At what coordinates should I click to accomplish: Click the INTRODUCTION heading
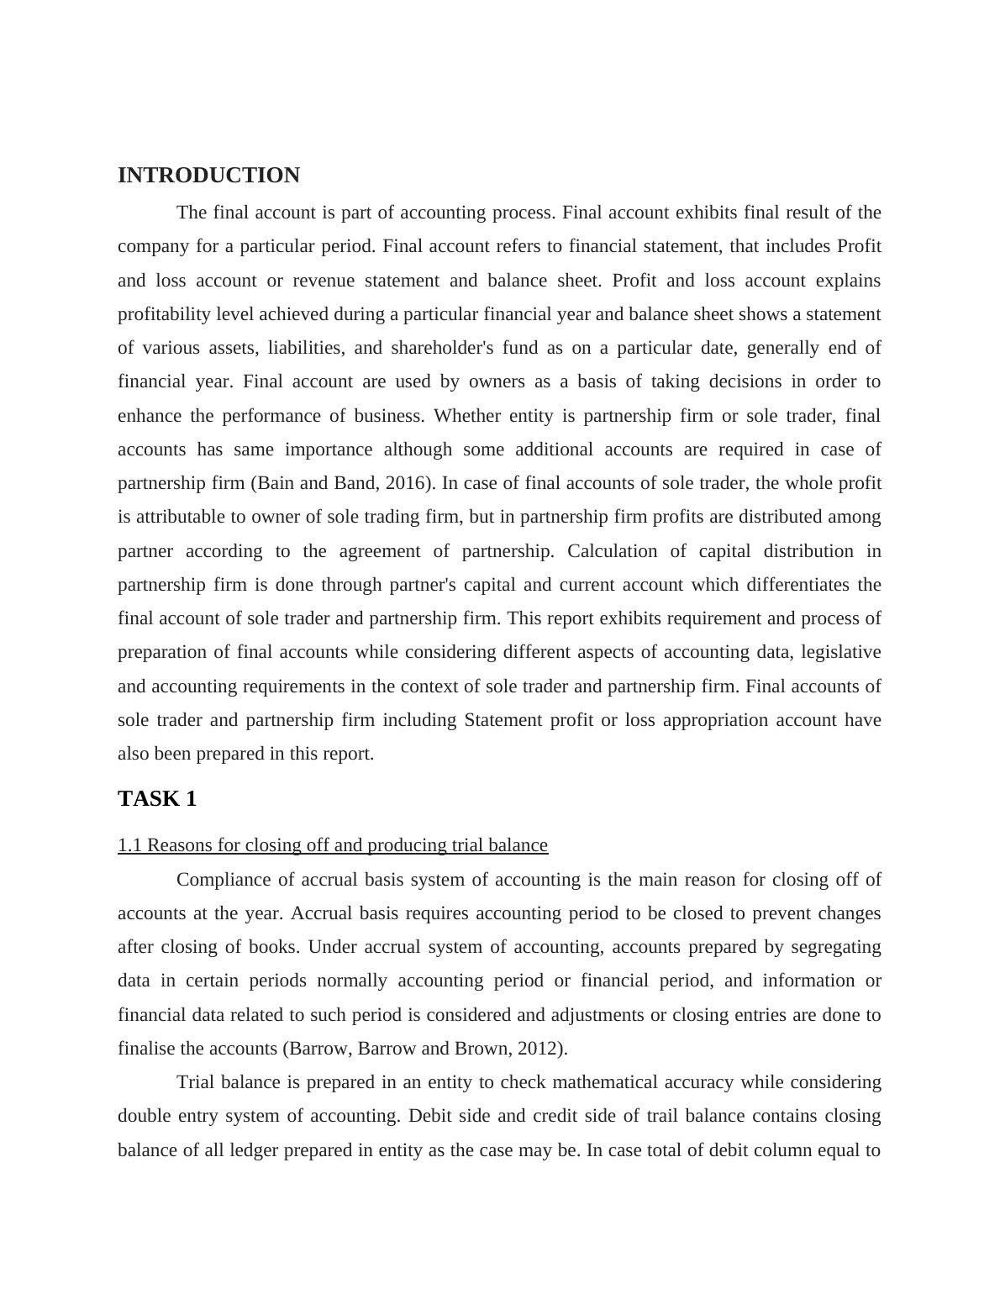coord(208,176)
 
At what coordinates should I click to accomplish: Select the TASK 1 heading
coord(157,799)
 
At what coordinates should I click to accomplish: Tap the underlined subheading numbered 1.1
coord(333,845)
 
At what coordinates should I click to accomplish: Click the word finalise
coord(145,1049)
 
